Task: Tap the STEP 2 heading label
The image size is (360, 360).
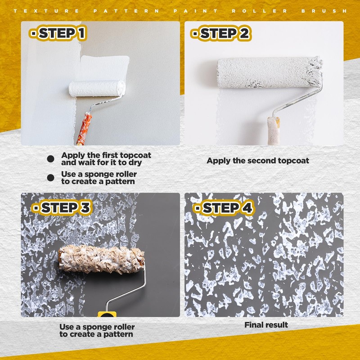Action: (220, 34)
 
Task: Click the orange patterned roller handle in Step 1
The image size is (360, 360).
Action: (84, 128)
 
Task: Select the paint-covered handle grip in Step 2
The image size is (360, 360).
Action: (273, 130)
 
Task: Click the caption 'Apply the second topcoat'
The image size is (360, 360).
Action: (258, 161)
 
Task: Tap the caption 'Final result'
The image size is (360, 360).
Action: (266, 325)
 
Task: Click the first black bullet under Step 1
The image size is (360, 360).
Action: (51, 158)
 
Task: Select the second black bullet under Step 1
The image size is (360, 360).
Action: (51, 178)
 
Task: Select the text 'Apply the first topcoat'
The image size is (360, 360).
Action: (106, 155)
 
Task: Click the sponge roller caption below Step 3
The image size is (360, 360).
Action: (97, 331)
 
